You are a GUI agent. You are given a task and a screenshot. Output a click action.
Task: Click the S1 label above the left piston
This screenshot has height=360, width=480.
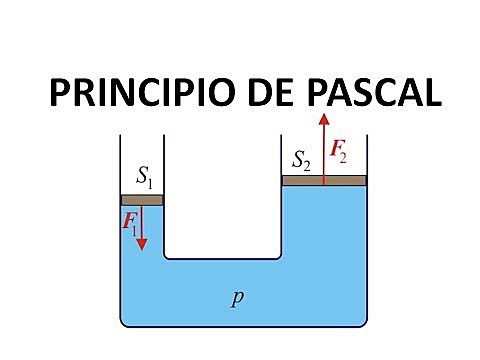click(x=143, y=180)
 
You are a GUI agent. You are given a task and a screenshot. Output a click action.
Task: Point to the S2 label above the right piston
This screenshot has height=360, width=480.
click(x=301, y=160)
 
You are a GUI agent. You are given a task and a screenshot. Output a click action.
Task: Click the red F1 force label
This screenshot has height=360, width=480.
click(x=130, y=222)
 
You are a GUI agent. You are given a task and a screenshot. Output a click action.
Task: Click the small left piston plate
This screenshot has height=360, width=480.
click(x=141, y=200)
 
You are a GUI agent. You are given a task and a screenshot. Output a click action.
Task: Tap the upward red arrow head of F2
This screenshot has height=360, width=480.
click(x=324, y=119)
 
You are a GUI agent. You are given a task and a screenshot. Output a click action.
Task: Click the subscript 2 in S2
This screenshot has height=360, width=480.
click(x=307, y=163)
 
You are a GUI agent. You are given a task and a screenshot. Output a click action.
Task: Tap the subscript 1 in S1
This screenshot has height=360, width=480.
click(x=149, y=184)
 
